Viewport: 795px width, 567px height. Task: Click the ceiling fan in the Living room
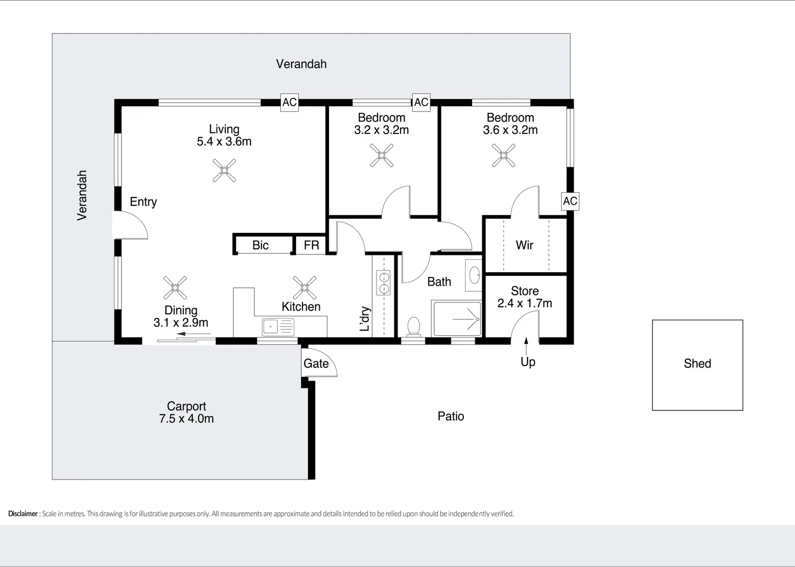coord(224,170)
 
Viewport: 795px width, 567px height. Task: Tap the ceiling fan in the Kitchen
coord(305,288)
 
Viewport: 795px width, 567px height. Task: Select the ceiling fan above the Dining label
coord(175,288)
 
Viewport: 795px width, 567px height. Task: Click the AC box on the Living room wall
coord(289,102)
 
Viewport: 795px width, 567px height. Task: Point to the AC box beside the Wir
coord(570,201)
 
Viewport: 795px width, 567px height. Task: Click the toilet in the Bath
coord(414,326)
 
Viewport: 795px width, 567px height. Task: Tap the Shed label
coord(697,363)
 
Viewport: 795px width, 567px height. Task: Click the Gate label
coord(316,363)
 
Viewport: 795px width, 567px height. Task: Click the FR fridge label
coord(311,245)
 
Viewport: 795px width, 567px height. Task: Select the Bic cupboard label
coord(260,245)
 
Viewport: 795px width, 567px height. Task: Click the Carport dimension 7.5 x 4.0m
coord(186,418)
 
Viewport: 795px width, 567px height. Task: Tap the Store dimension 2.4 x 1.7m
coord(524,303)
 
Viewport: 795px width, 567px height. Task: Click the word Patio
coord(451,416)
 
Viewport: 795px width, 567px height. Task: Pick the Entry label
coord(143,202)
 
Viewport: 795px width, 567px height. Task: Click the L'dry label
coord(365,319)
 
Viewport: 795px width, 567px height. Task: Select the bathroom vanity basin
coord(474,275)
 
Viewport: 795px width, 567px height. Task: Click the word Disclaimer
coord(23,514)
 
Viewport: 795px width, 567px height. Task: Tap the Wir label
coord(524,245)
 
